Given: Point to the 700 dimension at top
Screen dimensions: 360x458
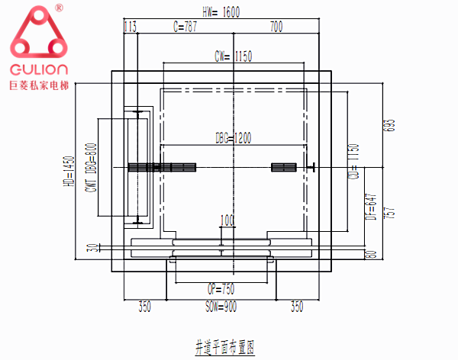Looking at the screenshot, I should click(x=276, y=27).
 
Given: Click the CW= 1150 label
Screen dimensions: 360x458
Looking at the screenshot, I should click(x=234, y=56).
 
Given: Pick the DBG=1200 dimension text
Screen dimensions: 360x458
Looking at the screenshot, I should click(x=234, y=137).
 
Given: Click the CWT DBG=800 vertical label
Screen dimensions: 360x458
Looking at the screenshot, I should click(x=91, y=168).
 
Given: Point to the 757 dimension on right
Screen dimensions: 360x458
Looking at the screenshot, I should click(x=394, y=212).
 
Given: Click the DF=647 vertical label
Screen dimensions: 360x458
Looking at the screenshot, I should click(x=370, y=205).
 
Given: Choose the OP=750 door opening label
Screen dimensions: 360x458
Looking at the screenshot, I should click(x=221, y=289).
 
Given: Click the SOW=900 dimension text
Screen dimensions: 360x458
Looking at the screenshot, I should click(x=221, y=308).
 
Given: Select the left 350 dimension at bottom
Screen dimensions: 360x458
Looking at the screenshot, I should click(x=144, y=308).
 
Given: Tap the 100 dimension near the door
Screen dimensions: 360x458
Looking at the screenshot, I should click(x=227, y=221).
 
